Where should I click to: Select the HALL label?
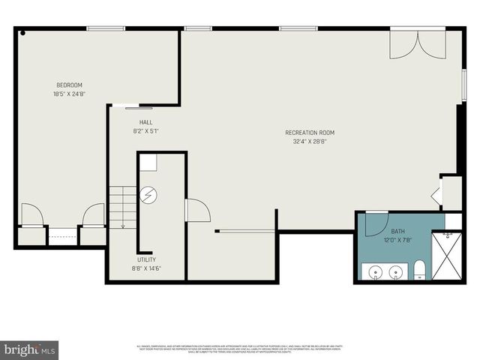[145, 121]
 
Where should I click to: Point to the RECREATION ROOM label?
[310, 132]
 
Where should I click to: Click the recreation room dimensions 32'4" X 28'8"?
[310, 142]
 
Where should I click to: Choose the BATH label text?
[398, 231]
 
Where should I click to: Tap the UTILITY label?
[145, 259]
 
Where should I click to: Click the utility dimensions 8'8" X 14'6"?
[145, 268]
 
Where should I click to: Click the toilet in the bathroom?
[420, 270]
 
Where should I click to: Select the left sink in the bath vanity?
[374, 271]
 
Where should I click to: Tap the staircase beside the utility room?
[122, 207]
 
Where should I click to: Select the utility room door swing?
[196, 211]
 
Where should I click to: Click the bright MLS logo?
[30, 349]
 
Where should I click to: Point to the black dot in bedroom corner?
[23, 33]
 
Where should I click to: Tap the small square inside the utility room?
[148, 163]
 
